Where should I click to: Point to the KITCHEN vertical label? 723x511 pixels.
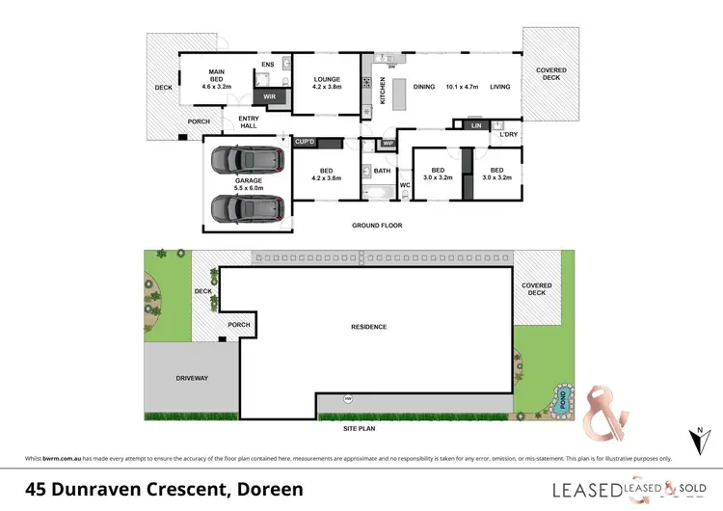coord(382,91)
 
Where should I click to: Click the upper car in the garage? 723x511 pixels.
coord(248,161)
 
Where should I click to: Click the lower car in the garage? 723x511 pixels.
coord(248,207)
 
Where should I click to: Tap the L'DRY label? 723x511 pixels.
coord(509,135)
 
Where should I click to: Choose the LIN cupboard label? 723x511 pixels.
coord(475,125)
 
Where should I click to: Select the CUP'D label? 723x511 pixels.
coord(308,143)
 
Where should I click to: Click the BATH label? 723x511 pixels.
coord(383,172)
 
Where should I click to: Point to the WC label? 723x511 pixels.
coord(405,184)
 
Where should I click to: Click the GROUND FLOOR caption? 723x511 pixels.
coord(377,226)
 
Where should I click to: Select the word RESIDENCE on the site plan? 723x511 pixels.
coord(368,327)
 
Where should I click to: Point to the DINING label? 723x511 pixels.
coord(425,87)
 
